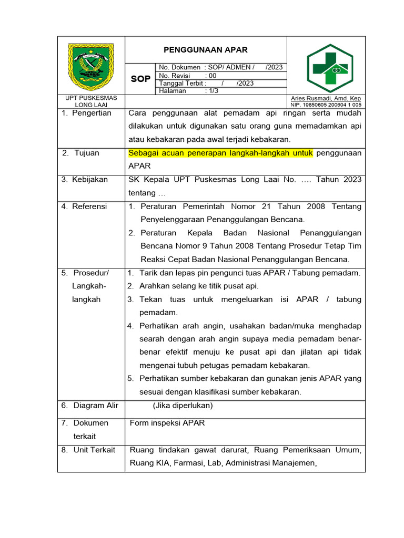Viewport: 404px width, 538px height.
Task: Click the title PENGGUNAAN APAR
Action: tap(206, 50)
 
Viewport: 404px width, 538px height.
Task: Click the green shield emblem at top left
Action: tap(91, 67)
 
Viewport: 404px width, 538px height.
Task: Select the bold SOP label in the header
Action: tap(140, 79)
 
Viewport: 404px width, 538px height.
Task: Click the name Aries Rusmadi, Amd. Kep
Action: tap(326, 98)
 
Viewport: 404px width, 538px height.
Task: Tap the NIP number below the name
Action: tap(326, 105)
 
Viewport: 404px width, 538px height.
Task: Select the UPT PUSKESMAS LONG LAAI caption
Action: tap(91, 101)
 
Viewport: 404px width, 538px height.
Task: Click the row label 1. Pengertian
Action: tap(86, 113)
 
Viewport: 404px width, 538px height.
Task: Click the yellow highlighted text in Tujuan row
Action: tap(220, 153)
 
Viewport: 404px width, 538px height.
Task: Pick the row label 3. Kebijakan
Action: tap(85, 179)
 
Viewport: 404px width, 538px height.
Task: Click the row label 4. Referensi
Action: tap(84, 206)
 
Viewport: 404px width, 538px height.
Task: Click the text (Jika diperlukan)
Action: tap(183, 405)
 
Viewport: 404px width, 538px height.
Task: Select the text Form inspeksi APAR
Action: tap(167, 423)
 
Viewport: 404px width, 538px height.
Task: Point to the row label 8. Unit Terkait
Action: tap(88, 450)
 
